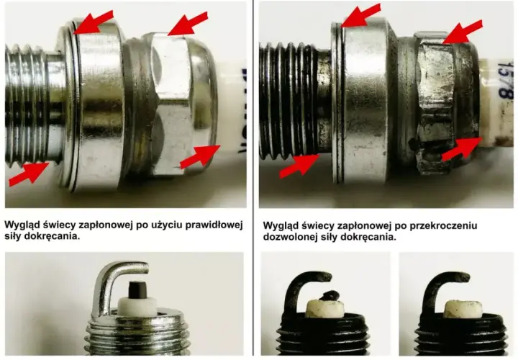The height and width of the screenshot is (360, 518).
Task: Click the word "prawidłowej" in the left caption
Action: click(214, 225)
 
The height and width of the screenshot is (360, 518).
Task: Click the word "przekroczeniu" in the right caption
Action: click(443, 226)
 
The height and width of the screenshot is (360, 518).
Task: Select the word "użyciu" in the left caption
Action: click(167, 225)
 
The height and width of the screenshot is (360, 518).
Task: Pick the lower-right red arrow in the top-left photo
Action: click(200, 157)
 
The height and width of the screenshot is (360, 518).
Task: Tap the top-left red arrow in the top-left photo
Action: click(93, 22)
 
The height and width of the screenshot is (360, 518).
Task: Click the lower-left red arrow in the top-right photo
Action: click(299, 166)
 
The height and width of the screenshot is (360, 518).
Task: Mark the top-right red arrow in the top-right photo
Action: click(463, 32)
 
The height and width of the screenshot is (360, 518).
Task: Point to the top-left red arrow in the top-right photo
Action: click(360, 15)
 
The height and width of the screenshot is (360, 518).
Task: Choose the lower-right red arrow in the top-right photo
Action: click(461, 150)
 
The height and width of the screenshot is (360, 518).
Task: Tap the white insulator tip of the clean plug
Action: click(137, 306)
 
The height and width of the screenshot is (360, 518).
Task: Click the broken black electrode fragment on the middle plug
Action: click(329, 295)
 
